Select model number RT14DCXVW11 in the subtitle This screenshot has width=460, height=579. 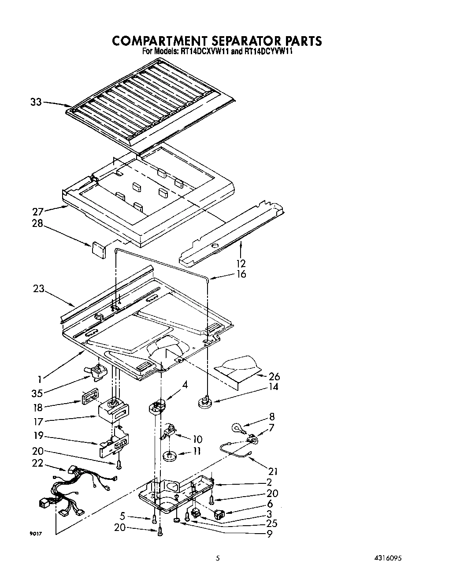(x=202, y=52)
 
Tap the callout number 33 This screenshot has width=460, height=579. (x=36, y=102)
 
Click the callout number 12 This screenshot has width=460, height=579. (x=241, y=264)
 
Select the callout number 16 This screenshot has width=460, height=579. (x=241, y=274)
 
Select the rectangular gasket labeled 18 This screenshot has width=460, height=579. (x=89, y=396)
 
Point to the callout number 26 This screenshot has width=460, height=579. (x=274, y=377)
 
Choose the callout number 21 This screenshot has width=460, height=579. (x=273, y=471)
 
